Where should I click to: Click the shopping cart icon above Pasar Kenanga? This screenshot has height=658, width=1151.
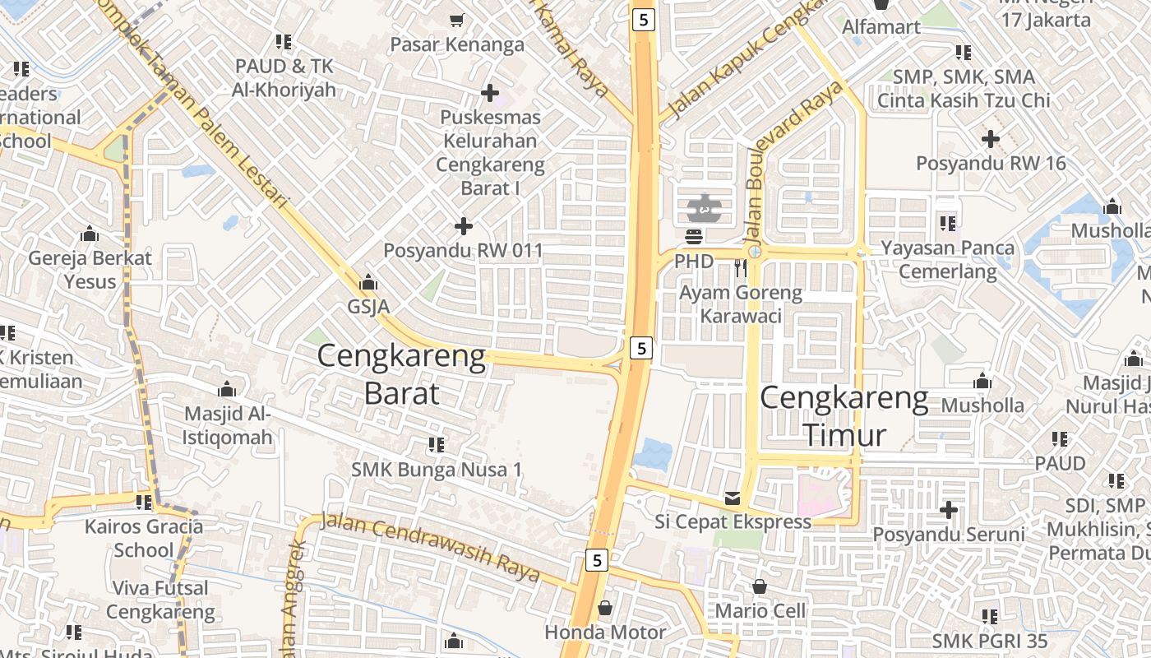tap(456, 19)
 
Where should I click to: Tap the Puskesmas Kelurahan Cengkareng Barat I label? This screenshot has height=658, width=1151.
tap(490, 153)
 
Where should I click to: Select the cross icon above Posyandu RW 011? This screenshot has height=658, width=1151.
tap(464, 225)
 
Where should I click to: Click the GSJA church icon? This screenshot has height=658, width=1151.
tap(368, 282)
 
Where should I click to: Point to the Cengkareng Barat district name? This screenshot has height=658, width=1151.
tap(401, 374)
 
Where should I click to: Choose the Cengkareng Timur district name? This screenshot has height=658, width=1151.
tap(844, 416)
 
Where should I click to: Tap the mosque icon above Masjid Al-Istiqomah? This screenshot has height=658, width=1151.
tap(226, 389)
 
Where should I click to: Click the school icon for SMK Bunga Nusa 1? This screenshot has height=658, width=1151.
tap(437, 445)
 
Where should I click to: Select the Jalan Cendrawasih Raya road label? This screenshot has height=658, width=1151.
tap(430, 546)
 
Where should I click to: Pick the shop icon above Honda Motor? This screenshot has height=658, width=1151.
tap(605, 608)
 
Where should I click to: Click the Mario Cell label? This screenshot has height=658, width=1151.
tap(760, 611)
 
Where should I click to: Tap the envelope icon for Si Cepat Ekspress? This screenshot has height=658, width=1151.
tap(733, 498)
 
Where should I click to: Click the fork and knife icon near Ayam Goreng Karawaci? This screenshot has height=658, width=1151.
tap(741, 267)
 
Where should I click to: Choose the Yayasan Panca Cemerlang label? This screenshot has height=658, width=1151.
tap(947, 259)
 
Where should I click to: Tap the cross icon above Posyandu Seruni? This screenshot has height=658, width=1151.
tap(949, 510)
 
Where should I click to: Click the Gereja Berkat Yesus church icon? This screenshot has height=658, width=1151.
tap(90, 234)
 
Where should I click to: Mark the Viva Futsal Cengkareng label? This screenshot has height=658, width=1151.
tap(160, 600)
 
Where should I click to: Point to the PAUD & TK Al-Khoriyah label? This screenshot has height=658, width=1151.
tap(284, 77)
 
